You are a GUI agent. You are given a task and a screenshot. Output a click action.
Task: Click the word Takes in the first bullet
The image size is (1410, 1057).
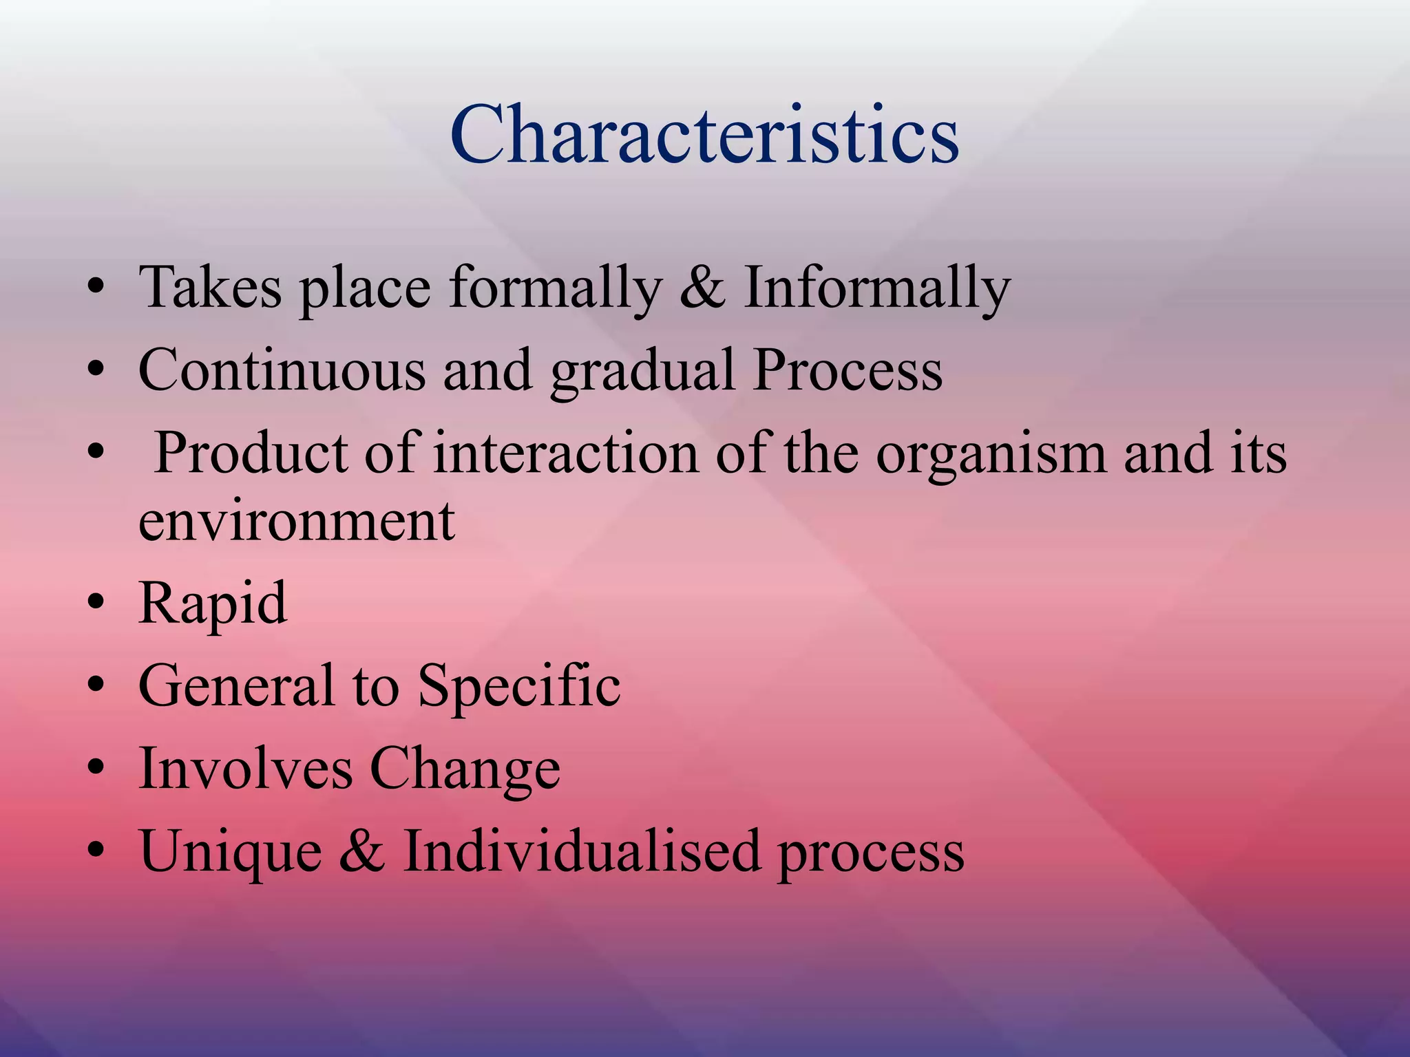tap(210, 288)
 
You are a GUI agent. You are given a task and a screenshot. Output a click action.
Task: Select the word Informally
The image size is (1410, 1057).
tap(876, 288)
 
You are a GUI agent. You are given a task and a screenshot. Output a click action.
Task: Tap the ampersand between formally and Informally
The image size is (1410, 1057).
tap(702, 288)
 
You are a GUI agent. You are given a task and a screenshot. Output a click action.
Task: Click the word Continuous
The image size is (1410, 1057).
tap(282, 370)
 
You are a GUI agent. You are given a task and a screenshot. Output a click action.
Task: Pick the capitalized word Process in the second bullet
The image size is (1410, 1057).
tap(848, 370)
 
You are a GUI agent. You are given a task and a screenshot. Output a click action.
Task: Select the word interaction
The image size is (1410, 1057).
tap(566, 453)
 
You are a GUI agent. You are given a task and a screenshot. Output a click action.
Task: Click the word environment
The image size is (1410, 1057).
tap(296, 521)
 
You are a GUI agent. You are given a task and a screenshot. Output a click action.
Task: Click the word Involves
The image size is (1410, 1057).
tap(245, 769)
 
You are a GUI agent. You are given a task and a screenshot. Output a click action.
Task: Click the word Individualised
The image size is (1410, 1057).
tap(582, 851)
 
